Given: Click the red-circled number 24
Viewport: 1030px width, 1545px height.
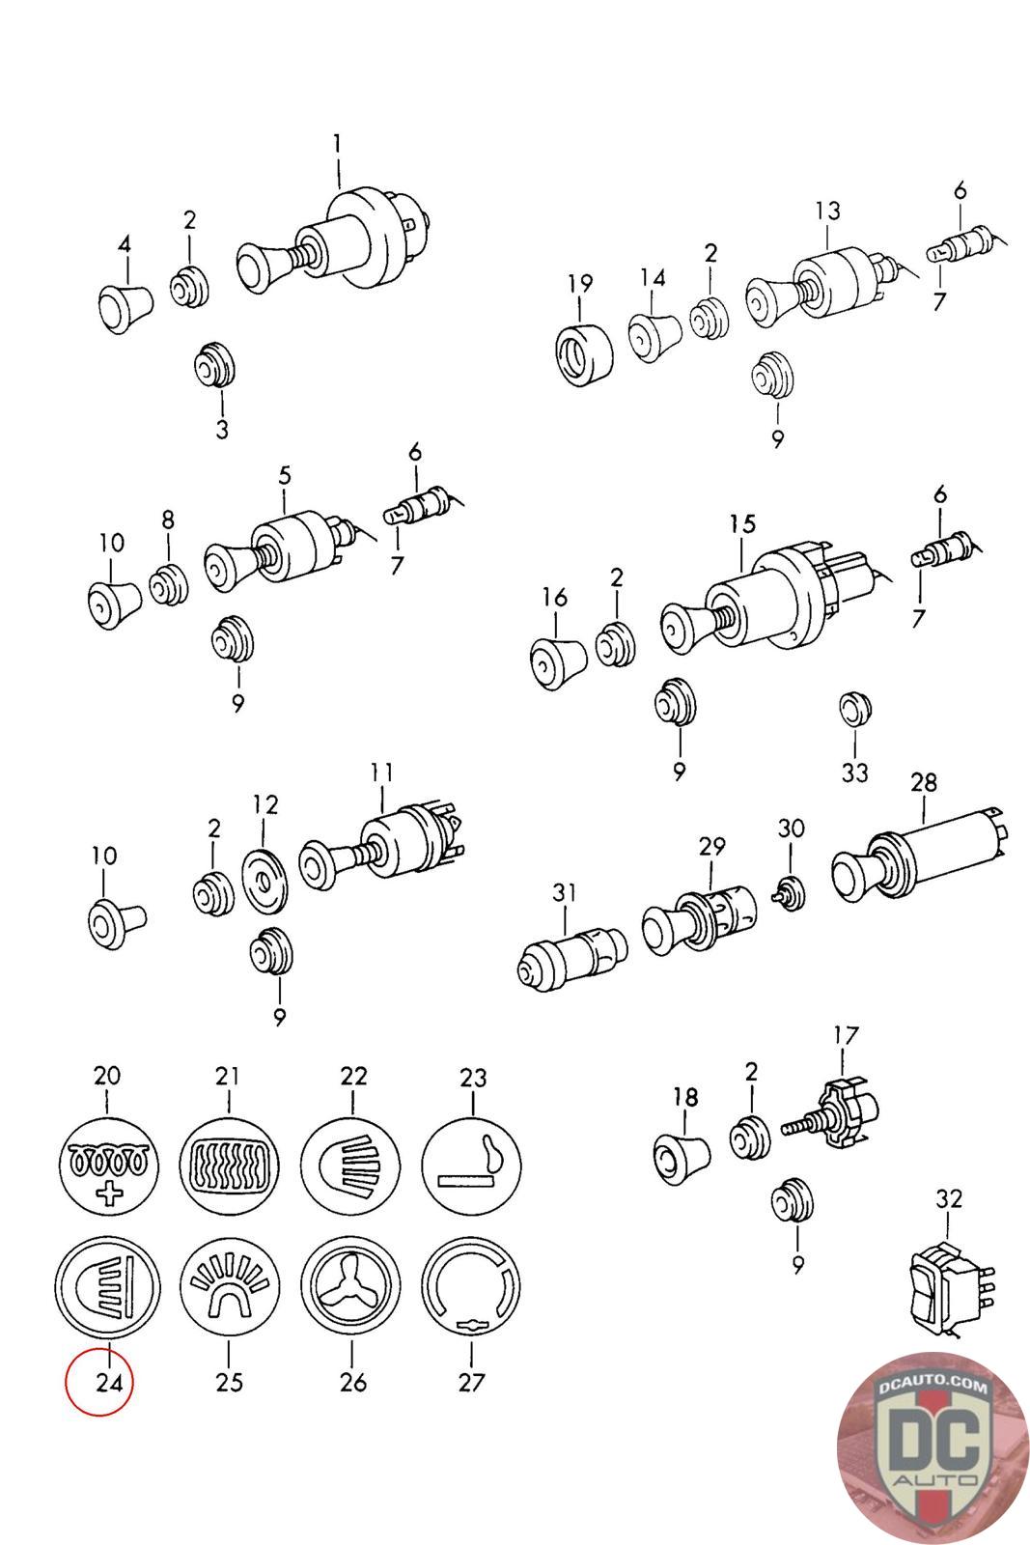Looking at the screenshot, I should click(108, 1382).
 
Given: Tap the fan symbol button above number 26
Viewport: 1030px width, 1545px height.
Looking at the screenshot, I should click(352, 1289).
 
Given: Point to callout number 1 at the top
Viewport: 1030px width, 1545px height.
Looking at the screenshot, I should click(337, 145).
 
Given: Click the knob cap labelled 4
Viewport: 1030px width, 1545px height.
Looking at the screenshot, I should click(125, 307).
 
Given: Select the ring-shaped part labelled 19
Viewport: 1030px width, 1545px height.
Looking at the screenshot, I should click(583, 354).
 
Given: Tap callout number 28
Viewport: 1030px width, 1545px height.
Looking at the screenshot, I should click(924, 782).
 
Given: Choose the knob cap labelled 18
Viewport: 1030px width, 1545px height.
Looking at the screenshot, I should click(682, 1154).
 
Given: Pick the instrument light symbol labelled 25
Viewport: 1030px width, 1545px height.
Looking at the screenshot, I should click(229, 1289).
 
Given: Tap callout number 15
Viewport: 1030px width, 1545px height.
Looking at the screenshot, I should click(742, 525).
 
